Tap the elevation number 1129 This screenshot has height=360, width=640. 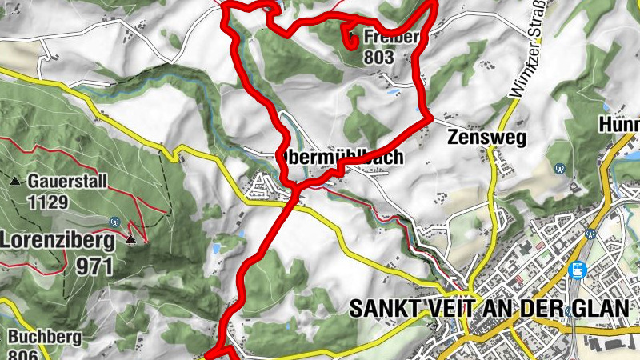click(x=47, y=202)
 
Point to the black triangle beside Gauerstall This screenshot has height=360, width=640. click(x=15, y=181)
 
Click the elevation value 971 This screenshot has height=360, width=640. click(x=95, y=266)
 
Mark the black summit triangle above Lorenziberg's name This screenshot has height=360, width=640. click(x=131, y=238)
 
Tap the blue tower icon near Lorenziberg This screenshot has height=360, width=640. click(x=115, y=222)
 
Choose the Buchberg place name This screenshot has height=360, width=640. click(x=45, y=337)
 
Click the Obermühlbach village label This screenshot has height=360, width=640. click(x=340, y=157)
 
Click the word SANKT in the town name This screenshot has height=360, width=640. click(x=389, y=308)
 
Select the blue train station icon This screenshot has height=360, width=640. click(x=576, y=270)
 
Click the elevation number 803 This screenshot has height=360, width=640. click(x=378, y=57)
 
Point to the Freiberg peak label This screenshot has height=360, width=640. click(x=390, y=37)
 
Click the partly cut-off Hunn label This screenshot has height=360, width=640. click(x=622, y=126)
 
